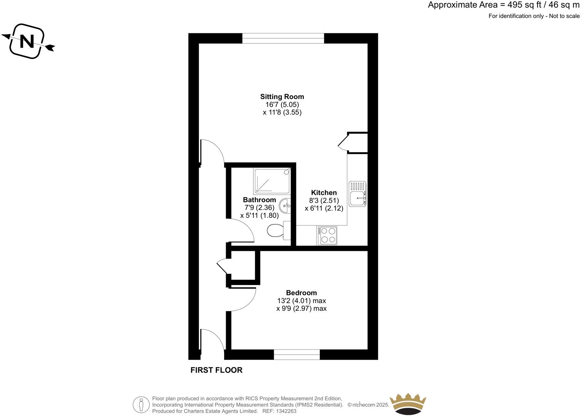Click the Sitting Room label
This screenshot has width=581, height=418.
coord(282,97)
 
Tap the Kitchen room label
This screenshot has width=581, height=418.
coord(324,193)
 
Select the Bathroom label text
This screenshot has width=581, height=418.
coord(259,200)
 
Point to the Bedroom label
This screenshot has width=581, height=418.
coord(301,293)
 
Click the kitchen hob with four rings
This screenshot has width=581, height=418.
coord(327,235)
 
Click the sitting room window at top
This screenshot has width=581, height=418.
coord(283,38)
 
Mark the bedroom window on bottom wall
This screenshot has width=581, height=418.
coord(296,355)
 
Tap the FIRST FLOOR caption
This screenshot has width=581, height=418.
coord(216,370)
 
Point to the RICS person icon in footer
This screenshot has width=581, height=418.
coord(141,405)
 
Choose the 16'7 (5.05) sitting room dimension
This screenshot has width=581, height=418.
coord(280,104)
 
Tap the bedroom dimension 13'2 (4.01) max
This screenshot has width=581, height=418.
coord(301,301)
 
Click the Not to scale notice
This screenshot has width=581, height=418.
coord(564,16)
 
